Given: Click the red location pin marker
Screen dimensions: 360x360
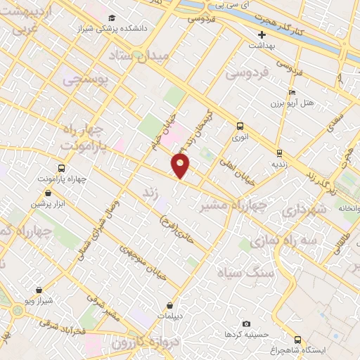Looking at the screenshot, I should click(x=181, y=166).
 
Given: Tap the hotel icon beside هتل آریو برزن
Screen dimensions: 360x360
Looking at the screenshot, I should click(x=292, y=92).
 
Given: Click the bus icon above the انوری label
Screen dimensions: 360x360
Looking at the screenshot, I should click(x=240, y=127).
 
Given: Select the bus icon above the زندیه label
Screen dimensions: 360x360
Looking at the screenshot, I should click(x=279, y=153).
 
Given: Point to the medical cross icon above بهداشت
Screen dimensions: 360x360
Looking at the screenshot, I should click(x=262, y=34).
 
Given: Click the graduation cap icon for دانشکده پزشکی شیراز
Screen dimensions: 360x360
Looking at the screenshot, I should click(x=112, y=18).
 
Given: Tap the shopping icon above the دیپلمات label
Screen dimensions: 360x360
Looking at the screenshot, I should click(x=171, y=306).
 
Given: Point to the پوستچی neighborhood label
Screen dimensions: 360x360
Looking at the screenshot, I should click(x=86, y=81).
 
